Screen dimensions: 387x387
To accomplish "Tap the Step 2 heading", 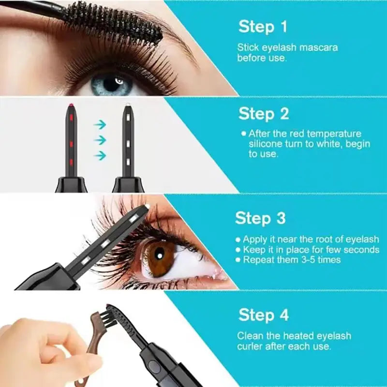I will [x=264, y=114].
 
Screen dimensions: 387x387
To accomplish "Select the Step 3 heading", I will [x=260, y=218].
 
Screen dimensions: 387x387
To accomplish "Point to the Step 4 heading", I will [x=264, y=315].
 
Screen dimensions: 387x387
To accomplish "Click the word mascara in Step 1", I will [x=320, y=48].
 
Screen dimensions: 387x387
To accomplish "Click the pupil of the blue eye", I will [x=113, y=83].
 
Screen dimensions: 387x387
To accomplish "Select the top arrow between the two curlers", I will [x=100, y=125].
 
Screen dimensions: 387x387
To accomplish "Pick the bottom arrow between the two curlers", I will [x=100, y=155].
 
